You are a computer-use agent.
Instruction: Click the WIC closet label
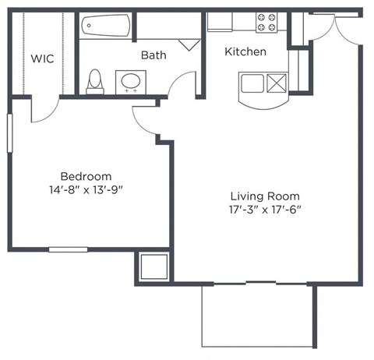(43, 58)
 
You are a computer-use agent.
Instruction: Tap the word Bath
(153, 55)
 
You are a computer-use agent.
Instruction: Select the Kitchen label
(245, 51)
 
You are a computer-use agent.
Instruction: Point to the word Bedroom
(86, 176)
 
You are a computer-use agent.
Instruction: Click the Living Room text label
(265, 196)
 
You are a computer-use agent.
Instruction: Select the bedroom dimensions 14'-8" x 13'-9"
(86, 189)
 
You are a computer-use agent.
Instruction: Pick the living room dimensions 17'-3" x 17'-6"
(265, 209)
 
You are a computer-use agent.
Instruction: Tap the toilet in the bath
(95, 81)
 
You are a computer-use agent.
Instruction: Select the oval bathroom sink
(130, 81)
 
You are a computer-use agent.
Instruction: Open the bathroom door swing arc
(184, 83)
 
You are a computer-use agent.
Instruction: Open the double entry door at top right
(326, 25)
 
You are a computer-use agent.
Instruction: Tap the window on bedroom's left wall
(9, 133)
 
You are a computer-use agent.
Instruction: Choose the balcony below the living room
(257, 316)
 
